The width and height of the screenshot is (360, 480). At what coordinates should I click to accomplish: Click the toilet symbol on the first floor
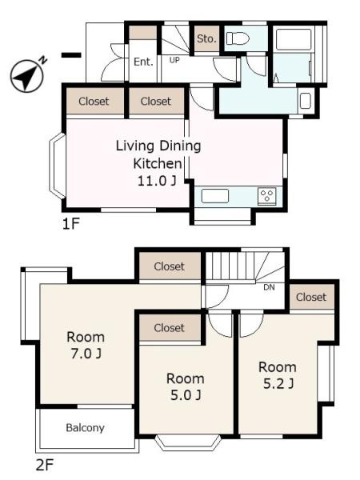pos(238,38)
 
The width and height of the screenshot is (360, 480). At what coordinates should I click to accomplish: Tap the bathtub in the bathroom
pos(294,39)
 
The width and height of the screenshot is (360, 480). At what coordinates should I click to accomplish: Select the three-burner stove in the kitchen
pos(267,196)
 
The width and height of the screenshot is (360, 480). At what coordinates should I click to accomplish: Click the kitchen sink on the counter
pos(215,196)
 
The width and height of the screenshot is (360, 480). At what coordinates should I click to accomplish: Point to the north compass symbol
pos(27,74)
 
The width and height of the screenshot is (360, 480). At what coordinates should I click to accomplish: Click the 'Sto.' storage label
pos(206,38)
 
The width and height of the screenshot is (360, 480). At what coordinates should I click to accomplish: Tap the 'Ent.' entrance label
pos(143,62)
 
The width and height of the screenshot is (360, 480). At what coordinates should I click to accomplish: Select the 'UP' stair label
pos(174,60)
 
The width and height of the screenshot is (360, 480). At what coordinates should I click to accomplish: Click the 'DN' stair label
pos(269,287)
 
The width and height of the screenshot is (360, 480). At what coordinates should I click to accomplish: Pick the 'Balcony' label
pos(85,428)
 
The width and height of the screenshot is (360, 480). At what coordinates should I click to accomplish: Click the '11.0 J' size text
pos(157,181)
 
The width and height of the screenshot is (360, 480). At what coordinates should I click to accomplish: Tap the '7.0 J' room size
pos(86,354)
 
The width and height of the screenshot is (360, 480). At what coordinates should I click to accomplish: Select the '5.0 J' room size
pos(186,395)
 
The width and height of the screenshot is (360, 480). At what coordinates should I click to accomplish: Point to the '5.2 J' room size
pos(278,383)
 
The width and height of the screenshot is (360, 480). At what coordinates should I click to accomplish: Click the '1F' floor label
pos(70,224)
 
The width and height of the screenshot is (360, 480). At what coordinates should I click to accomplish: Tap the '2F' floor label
pos(45,466)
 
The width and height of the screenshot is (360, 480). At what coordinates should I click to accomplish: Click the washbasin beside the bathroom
pos(306,101)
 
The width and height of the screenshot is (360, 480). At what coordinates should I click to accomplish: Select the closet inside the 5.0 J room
pos(170,327)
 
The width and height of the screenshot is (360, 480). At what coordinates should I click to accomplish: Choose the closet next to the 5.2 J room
pos(312,297)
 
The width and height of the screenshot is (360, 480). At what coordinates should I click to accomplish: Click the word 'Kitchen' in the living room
pos(158,163)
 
